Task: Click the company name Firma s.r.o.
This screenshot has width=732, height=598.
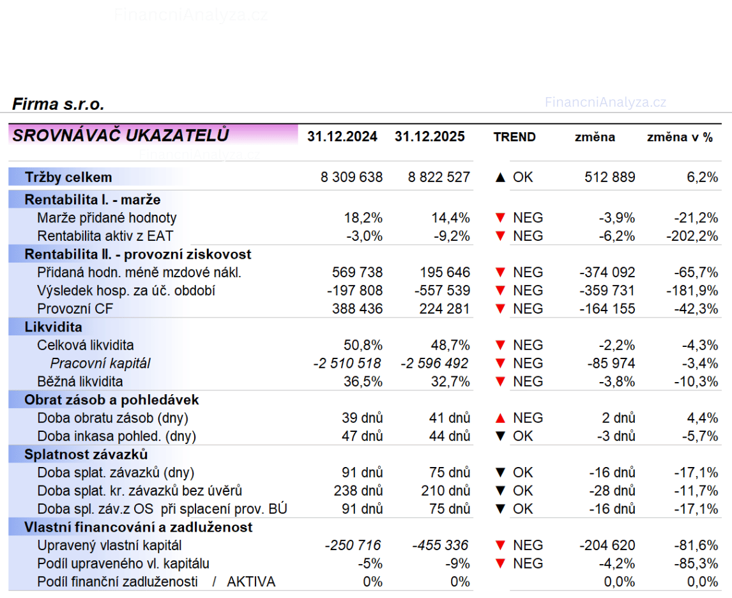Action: point(58,105)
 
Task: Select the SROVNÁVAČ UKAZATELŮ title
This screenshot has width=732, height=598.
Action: point(121,135)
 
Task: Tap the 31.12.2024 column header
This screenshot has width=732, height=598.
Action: point(342,137)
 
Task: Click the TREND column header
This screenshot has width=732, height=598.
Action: point(514,137)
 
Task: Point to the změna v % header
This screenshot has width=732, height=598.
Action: point(680,137)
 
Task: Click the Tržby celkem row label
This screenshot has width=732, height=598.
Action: point(68,178)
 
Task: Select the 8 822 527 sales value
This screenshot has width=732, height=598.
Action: point(439,178)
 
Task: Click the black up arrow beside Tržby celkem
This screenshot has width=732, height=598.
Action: point(500,178)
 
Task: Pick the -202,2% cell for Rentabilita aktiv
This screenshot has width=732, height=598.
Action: point(692,236)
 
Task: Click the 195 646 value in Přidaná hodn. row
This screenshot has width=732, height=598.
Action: point(445,273)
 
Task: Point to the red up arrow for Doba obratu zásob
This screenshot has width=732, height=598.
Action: point(500,418)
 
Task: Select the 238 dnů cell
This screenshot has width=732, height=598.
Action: point(358,491)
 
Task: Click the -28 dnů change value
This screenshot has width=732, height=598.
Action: point(612,491)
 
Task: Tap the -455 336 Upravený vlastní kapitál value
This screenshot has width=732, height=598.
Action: point(440,546)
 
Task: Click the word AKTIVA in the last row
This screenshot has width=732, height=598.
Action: point(251,582)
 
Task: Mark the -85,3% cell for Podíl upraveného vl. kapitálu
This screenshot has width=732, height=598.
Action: point(696,564)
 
